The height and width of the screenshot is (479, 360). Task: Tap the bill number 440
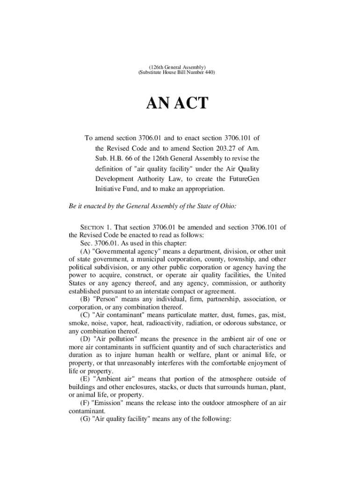point(210,74)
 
